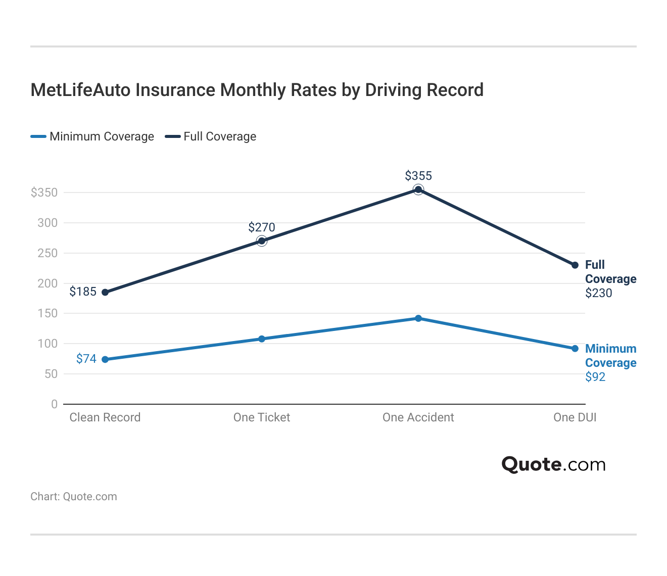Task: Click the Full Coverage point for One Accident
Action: [x=418, y=189]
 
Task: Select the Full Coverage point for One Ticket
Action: [x=262, y=241]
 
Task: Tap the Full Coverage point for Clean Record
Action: [x=105, y=292]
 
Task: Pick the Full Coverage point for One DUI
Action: [x=575, y=265]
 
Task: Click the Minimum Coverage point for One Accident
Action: [x=418, y=318]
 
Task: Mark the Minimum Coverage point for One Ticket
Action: [x=262, y=339]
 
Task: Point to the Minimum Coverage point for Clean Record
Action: [x=105, y=359]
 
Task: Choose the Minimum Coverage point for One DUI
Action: [x=575, y=349]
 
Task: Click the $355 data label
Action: [x=418, y=176]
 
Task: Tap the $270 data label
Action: [x=262, y=227]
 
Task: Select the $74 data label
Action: [x=86, y=359]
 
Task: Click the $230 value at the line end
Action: [x=599, y=293]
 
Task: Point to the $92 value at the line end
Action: [x=595, y=377]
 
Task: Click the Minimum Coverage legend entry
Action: [x=92, y=136]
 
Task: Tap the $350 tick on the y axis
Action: [x=44, y=193]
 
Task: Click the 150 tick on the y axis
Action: [x=47, y=313]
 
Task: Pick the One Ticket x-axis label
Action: [x=262, y=417]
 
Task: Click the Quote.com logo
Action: [x=553, y=464]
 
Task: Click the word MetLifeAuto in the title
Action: [x=81, y=90]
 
